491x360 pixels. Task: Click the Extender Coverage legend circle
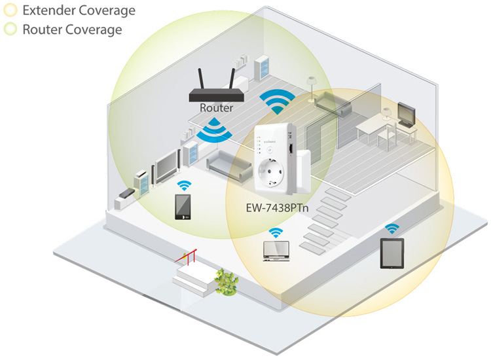[x=10, y=11]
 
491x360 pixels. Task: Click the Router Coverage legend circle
[x=10, y=29]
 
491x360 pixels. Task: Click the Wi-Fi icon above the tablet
[x=392, y=228]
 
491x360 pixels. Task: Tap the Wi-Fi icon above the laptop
[x=276, y=232]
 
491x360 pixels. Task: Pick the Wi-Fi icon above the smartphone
[x=184, y=185]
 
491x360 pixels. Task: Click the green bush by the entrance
[x=226, y=281]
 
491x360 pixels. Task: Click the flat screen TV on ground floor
[x=166, y=165]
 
